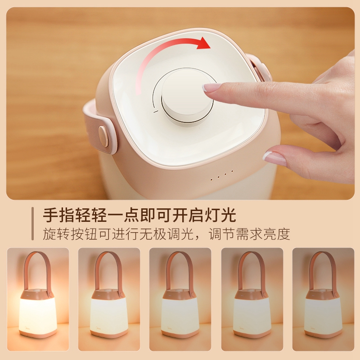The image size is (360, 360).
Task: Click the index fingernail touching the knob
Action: point(210,87)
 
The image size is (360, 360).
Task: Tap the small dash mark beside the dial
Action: point(156,112)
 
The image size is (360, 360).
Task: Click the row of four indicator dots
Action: point(222,175)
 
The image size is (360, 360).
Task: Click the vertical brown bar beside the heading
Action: point(32,224)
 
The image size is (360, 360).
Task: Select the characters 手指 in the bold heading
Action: point(58,215)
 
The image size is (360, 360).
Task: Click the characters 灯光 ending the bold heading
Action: point(220,215)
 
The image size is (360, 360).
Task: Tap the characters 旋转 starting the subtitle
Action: point(56,234)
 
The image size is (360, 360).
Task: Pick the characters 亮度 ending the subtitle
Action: point(277,234)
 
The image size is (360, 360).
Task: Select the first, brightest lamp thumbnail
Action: point(38,299)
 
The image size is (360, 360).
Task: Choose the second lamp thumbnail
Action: point(109,299)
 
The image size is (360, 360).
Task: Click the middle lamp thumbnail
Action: point(180,299)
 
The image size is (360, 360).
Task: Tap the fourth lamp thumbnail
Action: point(252,299)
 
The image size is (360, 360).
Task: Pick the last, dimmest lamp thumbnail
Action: point(323,299)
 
